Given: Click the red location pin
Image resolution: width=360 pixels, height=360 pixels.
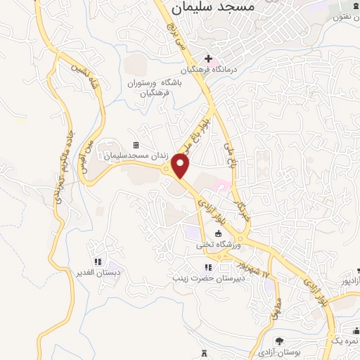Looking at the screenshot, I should (181, 167).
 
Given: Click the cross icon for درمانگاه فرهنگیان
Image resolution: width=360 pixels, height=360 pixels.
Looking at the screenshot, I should (208, 58).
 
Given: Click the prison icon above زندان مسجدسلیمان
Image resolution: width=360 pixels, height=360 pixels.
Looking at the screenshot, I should (136, 146).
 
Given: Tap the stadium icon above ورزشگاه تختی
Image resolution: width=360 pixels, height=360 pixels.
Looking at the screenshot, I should (218, 234).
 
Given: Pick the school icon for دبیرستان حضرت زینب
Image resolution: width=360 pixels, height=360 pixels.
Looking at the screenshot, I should (207, 266).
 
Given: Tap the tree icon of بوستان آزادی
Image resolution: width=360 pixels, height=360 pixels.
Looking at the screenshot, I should (276, 340).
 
